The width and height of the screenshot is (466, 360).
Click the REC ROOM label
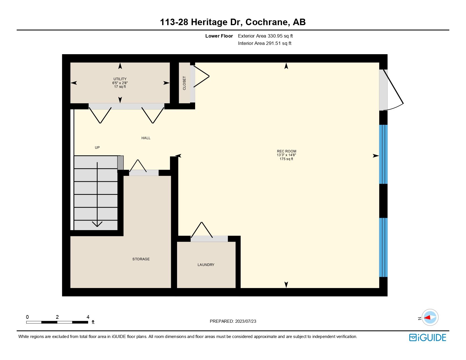click(x=286, y=151)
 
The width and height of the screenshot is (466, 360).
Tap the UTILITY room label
click(x=120, y=79)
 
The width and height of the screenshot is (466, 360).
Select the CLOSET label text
click(x=184, y=83)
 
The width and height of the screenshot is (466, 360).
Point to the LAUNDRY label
click(x=206, y=265)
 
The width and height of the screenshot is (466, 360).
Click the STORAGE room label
click(x=141, y=259)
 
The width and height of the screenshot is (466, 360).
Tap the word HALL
click(x=146, y=138)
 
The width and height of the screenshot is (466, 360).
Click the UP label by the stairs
click(x=97, y=148)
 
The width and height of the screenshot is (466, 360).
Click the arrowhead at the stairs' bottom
click(x=97, y=224)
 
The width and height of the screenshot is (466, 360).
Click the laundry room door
click(x=209, y=239)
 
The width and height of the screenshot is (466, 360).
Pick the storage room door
click(x=144, y=173)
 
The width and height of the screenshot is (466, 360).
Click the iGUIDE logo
click(x=428, y=338)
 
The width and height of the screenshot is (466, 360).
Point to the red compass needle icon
click(x=427, y=318)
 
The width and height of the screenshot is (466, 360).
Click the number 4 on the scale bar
click(x=88, y=317)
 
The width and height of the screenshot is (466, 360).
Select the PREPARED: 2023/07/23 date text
click(x=233, y=321)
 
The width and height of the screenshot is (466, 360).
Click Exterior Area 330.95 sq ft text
click(x=265, y=36)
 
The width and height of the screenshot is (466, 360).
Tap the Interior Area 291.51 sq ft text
click(x=265, y=43)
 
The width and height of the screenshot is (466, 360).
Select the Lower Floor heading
click(x=219, y=36)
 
